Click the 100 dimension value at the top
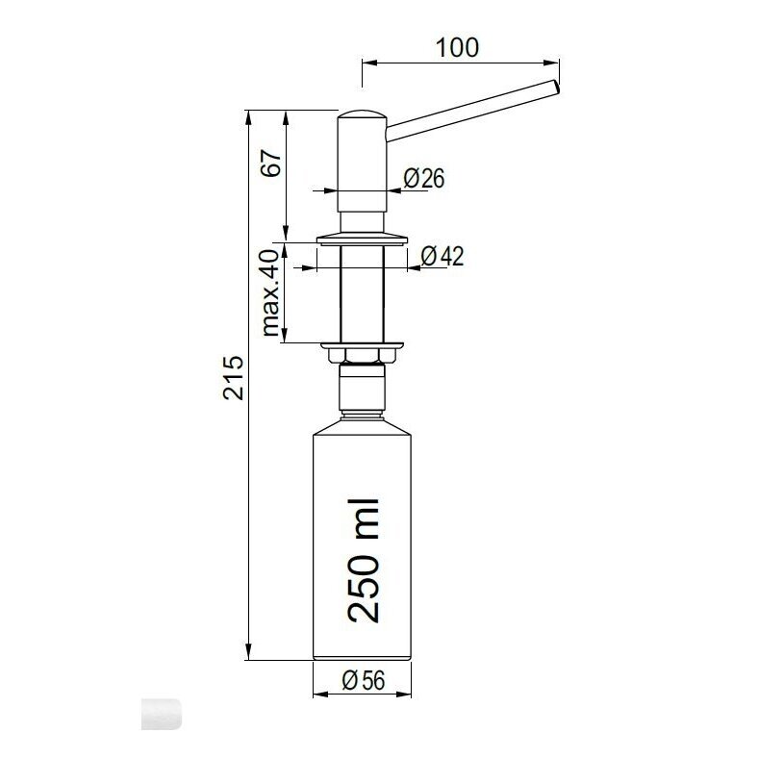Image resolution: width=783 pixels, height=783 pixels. coord(457,47)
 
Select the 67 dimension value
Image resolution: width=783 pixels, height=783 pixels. coord(273,163)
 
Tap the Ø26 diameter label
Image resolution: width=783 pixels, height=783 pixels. coord(423,178)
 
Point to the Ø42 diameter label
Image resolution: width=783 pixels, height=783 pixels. coord(442,256)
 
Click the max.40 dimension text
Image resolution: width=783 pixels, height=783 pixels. coord(270,292)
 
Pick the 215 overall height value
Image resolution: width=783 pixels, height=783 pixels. coord(233,377)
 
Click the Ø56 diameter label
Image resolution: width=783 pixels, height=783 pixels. coord(364,680)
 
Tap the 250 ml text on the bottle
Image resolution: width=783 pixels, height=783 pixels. coord(364,561)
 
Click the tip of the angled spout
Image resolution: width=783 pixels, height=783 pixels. coord(556,87)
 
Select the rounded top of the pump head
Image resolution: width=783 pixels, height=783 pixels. coord(363,114)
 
